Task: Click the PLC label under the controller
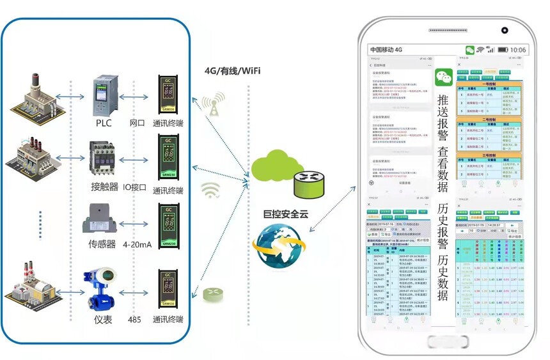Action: pyautogui.click(x=104, y=123)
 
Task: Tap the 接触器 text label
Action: pyautogui.click(x=105, y=187)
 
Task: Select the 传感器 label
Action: pyautogui.click(x=102, y=244)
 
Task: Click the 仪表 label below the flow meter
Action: pyautogui.click(x=102, y=319)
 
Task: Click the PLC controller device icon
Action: pyautogui.click(x=104, y=95)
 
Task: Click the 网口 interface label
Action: pyautogui.click(x=137, y=123)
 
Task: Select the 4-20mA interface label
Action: pyautogui.click(x=137, y=244)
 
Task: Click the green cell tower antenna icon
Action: pyautogui.click(x=213, y=104)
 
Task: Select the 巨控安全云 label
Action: pyautogui.click(x=286, y=214)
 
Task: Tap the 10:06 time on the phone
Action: pyautogui.click(x=518, y=50)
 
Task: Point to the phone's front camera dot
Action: pyautogui.click(x=505, y=30)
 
